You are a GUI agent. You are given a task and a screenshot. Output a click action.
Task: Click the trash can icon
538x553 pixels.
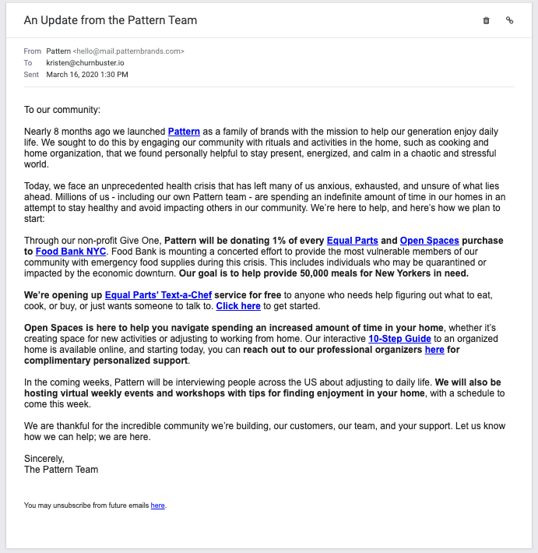pyautogui.click(x=487, y=20)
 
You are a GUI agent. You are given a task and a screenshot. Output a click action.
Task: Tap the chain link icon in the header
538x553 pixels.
pyautogui.click(x=510, y=20)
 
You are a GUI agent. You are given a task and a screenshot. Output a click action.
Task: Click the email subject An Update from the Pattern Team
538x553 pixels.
pyautogui.click(x=111, y=20)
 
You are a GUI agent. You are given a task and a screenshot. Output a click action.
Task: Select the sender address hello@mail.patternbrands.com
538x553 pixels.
pyautogui.click(x=134, y=51)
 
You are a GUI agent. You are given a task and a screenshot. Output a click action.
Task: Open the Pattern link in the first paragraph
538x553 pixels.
pyautogui.click(x=184, y=132)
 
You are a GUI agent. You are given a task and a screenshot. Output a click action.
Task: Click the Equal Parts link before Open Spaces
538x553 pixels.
pyautogui.click(x=351, y=241)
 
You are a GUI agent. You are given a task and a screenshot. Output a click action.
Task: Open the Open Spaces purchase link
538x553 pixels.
pyautogui.click(x=428, y=241)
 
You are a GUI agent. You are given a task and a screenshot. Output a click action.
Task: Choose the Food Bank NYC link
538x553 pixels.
pyautogui.click(x=71, y=252)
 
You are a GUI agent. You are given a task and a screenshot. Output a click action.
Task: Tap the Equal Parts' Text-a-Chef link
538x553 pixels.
pyautogui.click(x=158, y=295)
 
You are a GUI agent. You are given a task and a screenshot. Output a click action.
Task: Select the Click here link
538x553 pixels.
pyautogui.click(x=238, y=306)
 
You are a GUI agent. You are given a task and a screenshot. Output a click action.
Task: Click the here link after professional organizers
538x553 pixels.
pyautogui.click(x=434, y=350)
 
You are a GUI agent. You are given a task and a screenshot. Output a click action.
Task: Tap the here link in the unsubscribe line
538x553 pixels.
pyautogui.click(x=157, y=505)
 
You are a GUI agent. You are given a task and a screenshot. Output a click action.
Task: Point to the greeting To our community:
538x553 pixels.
pyautogui.click(x=62, y=110)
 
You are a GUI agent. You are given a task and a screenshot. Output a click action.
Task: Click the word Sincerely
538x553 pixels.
pyautogui.click(x=44, y=459)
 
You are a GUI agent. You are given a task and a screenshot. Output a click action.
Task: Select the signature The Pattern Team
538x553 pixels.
pyautogui.click(x=61, y=470)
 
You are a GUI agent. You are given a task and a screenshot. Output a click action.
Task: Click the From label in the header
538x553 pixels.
pyautogui.click(x=33, y=51)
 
